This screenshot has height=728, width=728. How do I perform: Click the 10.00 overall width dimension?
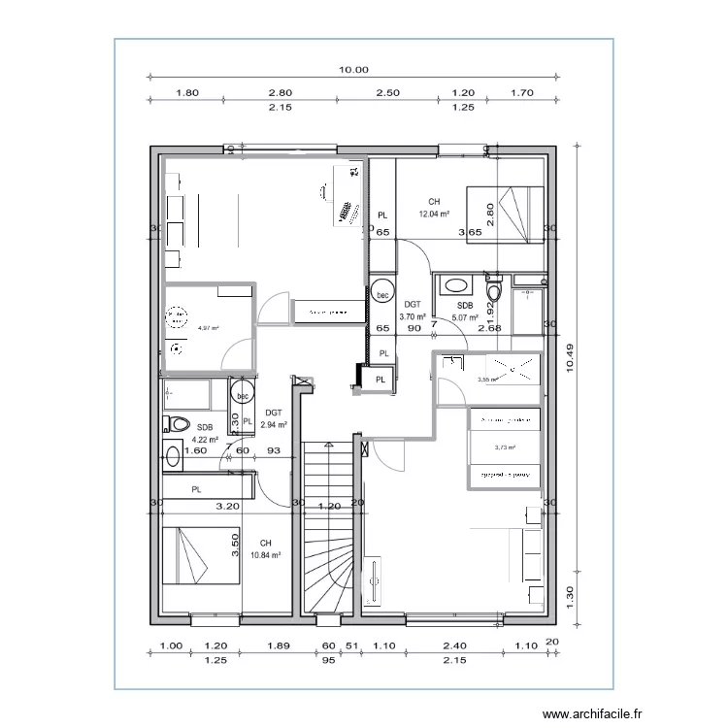354,70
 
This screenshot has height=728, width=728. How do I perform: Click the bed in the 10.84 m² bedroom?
201,556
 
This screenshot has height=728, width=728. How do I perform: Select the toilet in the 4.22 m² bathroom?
178,423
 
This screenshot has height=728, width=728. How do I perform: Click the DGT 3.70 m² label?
413,311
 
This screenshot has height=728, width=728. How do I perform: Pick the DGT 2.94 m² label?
273,419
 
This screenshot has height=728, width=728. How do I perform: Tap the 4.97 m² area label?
208,329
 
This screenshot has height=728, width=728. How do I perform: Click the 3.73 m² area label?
504,447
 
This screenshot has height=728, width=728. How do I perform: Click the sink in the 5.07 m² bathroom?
453,285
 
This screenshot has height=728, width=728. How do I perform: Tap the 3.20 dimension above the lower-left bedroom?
226,506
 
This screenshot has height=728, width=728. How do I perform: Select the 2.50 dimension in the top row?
387,93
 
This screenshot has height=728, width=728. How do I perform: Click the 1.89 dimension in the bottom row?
278,645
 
